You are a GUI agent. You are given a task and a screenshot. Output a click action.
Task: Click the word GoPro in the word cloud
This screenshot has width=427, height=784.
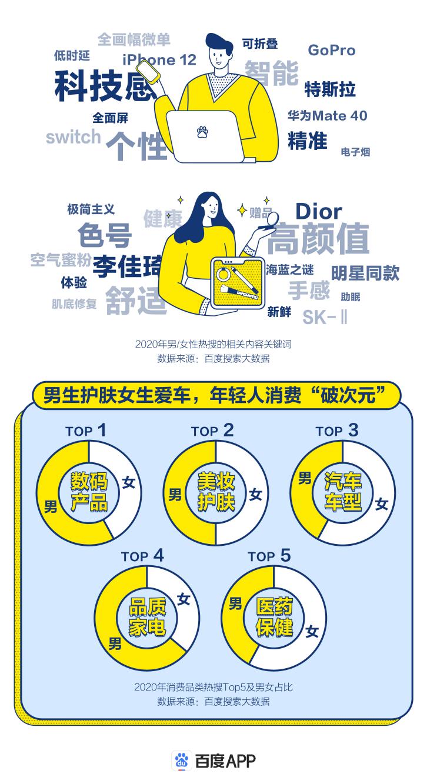click(x=332, y=50)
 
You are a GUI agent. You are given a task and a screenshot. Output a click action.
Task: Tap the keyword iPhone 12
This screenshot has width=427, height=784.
click(x=159, y=59)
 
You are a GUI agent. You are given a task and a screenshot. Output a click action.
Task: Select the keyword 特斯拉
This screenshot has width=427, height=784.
click(x=330, y=89)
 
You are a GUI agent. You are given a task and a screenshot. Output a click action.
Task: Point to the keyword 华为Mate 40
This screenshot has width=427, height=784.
click(x=327, y=115)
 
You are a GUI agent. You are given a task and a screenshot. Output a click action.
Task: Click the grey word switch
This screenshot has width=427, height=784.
click(x=74, y=137)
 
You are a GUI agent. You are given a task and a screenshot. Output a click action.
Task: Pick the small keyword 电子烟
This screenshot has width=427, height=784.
click(x=355, y=152)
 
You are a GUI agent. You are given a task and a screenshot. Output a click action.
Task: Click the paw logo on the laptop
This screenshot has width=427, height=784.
click(x=202, y=131)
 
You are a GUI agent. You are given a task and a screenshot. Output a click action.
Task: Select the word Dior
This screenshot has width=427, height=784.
click(x=318, y=211)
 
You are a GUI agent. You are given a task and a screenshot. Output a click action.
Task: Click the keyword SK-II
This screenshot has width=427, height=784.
click(x=325, y=317)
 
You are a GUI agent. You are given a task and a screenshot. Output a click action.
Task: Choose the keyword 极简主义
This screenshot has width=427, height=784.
click(x=91, y=209)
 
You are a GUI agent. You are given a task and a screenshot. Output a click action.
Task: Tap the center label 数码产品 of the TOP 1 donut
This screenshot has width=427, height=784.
click(x=89, y=492)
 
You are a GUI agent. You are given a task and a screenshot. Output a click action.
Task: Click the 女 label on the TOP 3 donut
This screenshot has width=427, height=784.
click(x=382, y=504)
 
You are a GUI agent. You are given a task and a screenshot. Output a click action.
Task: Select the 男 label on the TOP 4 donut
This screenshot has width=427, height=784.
click(x=115, y=643)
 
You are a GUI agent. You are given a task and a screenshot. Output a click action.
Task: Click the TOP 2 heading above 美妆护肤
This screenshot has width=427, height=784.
click(x=212, y=431)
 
